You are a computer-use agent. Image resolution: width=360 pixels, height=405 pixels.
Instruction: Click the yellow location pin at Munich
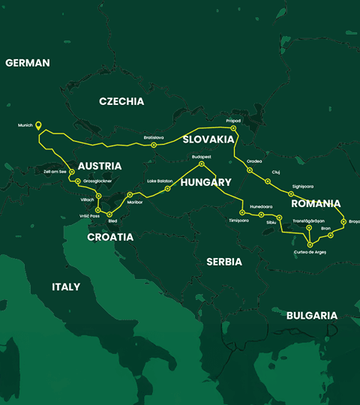coord(38,127)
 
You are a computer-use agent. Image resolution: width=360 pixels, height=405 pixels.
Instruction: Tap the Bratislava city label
coord(154,137)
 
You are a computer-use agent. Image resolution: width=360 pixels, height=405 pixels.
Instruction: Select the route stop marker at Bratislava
coord(154,145)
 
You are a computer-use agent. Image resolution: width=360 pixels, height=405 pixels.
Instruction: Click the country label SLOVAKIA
coord(207,139)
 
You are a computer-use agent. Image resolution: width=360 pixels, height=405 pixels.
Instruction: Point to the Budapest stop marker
coord(201,163)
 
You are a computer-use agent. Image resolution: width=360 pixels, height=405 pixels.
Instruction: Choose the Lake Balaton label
coord(160,181)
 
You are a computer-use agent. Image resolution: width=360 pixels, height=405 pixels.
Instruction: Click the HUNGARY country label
coord(205,182)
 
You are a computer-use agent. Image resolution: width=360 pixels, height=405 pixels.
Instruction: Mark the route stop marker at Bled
coord(109,214)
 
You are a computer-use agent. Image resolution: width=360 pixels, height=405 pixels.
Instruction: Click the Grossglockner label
coord(99,181)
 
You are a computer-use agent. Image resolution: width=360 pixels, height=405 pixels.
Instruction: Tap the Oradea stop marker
coord(249,170)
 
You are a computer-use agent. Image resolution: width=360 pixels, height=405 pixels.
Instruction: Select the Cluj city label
coord(275,172)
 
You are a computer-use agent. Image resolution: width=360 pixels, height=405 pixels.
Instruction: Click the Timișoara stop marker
coord(242,213)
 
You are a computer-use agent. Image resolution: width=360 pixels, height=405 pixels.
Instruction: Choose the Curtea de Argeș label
coord(310,252)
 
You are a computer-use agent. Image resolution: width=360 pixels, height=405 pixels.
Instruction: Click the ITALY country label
coord(66,286)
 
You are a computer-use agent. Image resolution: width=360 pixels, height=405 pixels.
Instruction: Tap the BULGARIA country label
coord(312,316)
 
